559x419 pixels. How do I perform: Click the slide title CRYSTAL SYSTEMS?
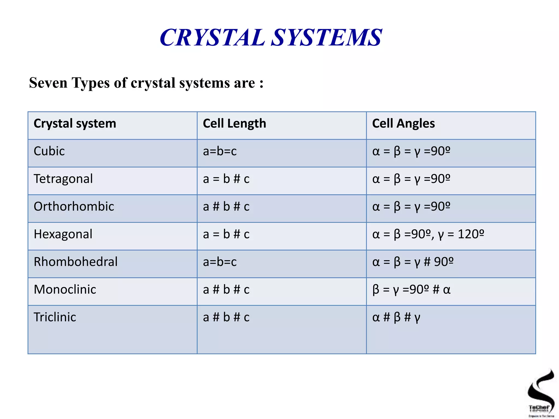point(271,38)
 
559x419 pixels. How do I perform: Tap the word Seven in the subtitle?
point(48,83)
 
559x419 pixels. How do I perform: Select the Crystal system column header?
point(75,124)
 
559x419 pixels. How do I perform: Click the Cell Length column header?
point(234,124)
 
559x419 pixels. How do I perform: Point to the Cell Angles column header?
point(403,124)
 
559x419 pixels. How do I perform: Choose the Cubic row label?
point(49,151)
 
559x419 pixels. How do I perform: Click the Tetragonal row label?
point(63,179)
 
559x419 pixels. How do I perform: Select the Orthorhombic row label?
point(74,206)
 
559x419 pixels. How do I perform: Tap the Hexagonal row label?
point(63,234)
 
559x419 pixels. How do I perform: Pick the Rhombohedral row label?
point(76,262)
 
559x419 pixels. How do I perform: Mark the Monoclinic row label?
point(65,289)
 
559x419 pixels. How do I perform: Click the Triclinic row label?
point(55,317)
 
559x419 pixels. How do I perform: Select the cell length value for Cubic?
point(220,151)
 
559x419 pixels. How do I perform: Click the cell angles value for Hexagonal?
point(428,234)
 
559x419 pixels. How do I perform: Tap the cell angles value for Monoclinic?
point(411,290)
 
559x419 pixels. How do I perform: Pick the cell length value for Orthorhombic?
point(226,207)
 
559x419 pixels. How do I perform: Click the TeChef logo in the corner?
point(541,393)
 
